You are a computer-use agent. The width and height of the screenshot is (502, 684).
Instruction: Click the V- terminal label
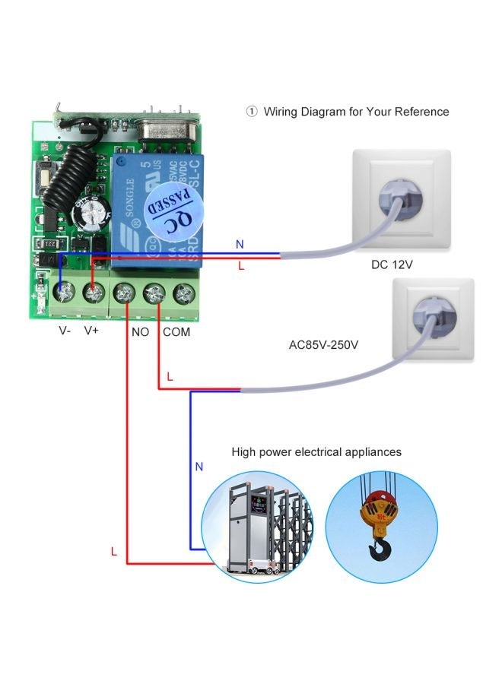(64, 331)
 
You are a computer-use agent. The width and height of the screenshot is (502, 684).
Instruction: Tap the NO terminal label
(141, 331)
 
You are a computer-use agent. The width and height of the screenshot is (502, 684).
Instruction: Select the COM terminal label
(176, 331)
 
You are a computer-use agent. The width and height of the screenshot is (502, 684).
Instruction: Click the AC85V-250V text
(323, 344)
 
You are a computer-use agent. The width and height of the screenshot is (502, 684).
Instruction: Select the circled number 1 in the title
(252, 112)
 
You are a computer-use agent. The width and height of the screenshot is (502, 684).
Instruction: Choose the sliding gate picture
(256, 527)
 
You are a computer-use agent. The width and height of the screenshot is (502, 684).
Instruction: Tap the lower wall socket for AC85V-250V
(432, 319)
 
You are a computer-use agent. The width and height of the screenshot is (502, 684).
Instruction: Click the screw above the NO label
(125, 292)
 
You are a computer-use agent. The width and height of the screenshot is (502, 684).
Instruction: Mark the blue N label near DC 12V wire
(240, 245)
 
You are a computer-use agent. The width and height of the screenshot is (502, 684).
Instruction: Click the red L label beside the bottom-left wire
(114, 553)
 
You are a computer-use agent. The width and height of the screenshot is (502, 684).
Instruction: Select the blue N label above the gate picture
(199, 467)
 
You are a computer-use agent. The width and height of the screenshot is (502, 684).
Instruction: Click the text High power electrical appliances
(316, 452)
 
